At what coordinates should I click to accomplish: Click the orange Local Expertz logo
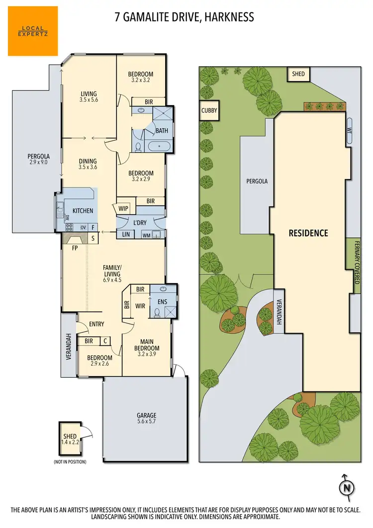(x=33, y=31)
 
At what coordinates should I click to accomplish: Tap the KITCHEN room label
(x=83, y=211)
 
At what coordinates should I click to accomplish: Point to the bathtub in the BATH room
(x=158, y=147)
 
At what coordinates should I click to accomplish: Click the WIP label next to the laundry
(x=123, y=209)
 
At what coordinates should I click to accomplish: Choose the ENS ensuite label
(x=162, y=302)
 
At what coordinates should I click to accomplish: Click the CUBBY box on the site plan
(x=209, y=110)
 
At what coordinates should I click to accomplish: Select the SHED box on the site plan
(x=298, y=74)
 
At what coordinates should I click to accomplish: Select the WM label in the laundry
(x=146, y=235)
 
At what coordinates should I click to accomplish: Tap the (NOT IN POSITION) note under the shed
(x=70, y=462)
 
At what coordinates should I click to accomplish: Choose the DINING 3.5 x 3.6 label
(x=88, y=164)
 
